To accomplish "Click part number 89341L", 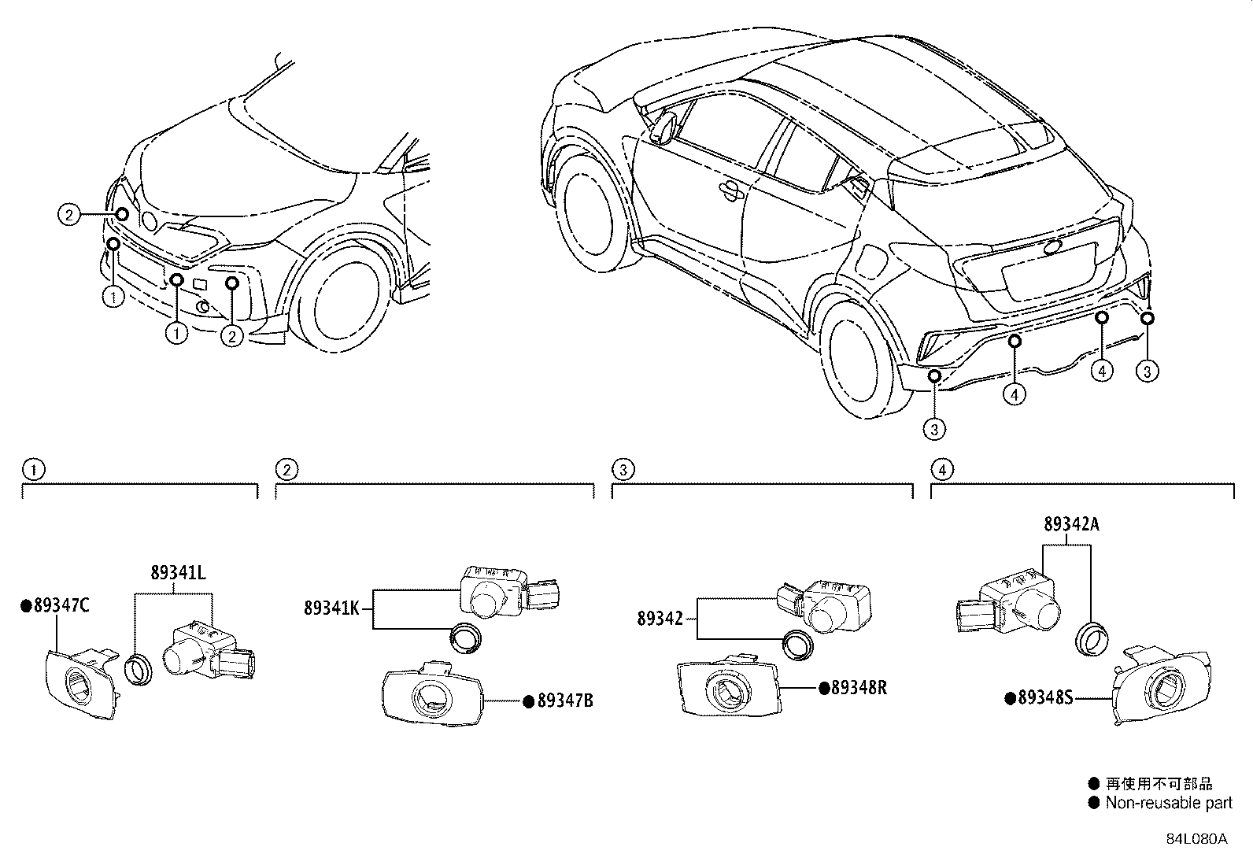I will pos(178,573).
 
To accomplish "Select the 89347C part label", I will pos(60,605).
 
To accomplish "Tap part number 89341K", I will pos(331,608).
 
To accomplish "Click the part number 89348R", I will pos(858,688).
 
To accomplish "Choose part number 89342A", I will pos(1070,524).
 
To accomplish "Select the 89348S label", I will pos(1044,697).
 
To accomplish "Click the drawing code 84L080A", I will pos(1196,838).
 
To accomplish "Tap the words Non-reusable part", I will pos(1168,804).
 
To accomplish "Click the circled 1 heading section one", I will pos(34,471).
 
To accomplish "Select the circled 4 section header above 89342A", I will pos(942,471).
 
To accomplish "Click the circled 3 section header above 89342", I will pos(623,471).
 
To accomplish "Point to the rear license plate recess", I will pos(1047,272).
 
